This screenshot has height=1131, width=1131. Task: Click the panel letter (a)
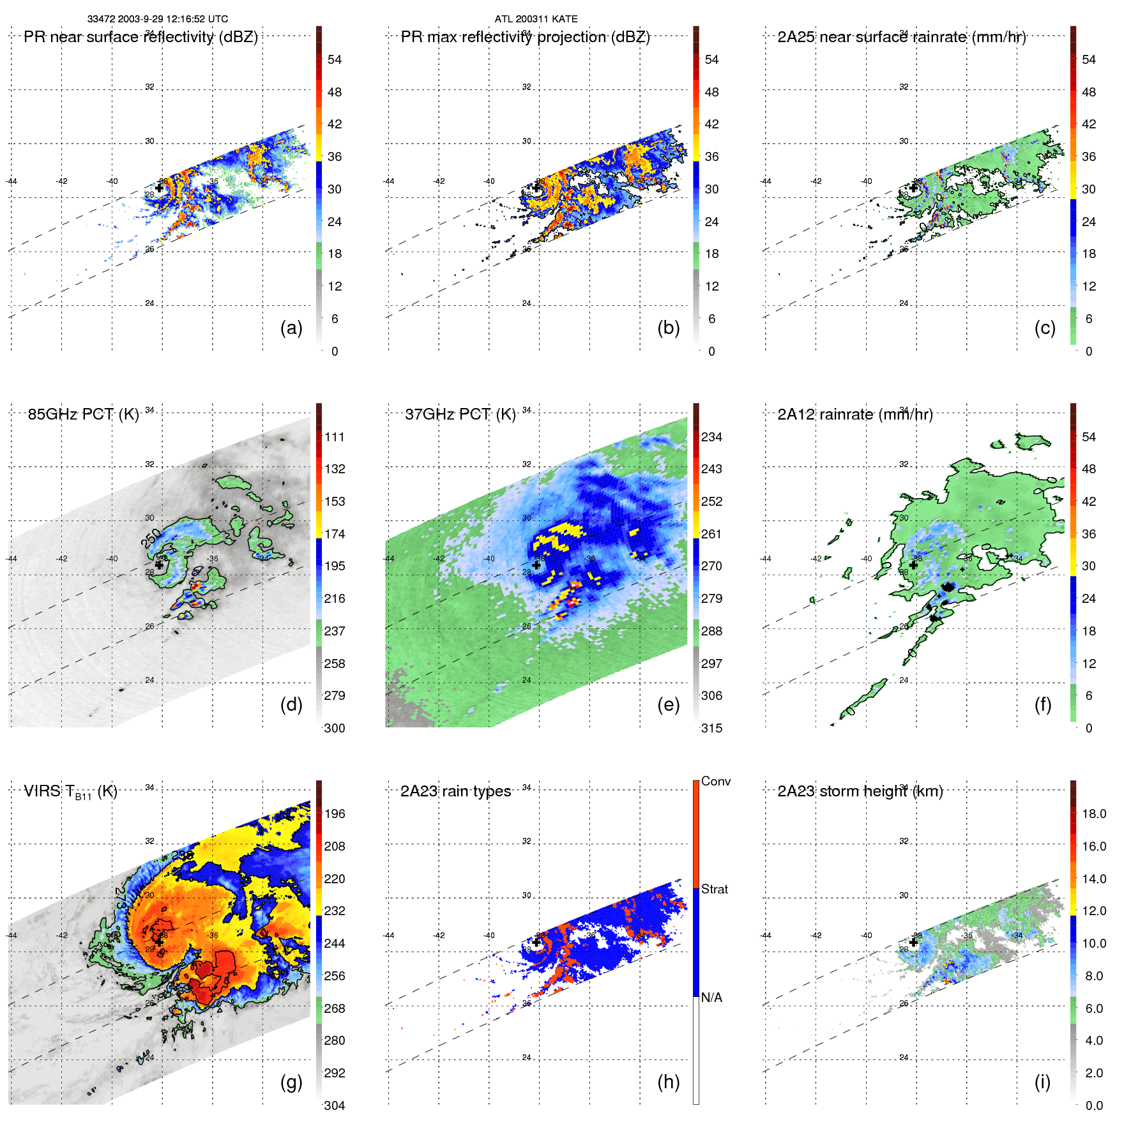pyautogui.click(x=291, y=328)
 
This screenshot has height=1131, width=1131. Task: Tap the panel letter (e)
pyautogui.click(x=668, y=704)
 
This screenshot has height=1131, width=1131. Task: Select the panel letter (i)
pyautogui.click(x=1042, y=1082)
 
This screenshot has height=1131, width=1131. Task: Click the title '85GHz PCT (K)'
pyautogui.click(x=83, y=414)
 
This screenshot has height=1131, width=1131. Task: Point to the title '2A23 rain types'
pyautogui.click(x=455, y=791)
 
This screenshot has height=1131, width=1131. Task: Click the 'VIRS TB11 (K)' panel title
pyautogui.click(x=70, y=792)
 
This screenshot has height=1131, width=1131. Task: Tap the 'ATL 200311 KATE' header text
pyautogui.click(x=536, y=19)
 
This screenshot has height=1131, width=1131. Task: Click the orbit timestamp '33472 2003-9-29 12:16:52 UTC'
pyautogui.click(x=158, y=19)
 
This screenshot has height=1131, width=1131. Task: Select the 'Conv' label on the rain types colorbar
pyautogui.click(x=716, y=781)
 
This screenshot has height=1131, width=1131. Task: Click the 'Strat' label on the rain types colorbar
pyautogui.click(x=715, y=889)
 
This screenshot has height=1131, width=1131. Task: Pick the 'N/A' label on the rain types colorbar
pyautogui.click(x=711, y=998)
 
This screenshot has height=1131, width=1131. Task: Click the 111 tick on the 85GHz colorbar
pyautogui.click(x=335, y=437)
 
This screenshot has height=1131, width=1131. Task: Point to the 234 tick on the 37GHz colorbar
pyautogui.click(x=711, y=437)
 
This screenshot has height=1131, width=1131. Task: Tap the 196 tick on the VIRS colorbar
pyautogui.click(x=335, y=814)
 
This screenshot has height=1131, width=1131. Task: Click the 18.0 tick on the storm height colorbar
pyautogui.click(x=1094, y=814)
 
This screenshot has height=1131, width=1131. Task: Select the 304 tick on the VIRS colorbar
pyautogui.click(x=335, y=1105)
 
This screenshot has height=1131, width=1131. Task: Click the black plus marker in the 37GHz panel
pyautogui.click(x=536, y=565)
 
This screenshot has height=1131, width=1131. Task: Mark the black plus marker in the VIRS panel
pyautogui.click(x=159, y=942)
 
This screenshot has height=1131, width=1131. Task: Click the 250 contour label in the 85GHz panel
pyautogui.click(x=151, y=538)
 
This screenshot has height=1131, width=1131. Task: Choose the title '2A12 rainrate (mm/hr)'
pyautogui.click(x=855, y=414)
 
